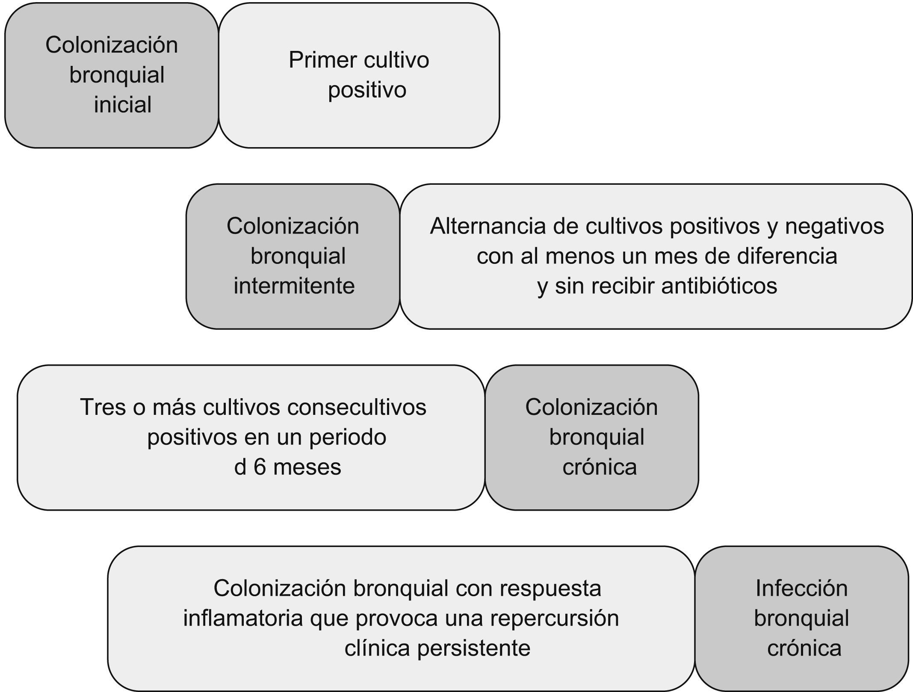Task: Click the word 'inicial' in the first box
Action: pos(123,105)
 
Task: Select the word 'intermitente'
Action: pos(294,286)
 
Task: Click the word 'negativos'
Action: pos(834,226)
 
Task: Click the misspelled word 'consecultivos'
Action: pos(357,407)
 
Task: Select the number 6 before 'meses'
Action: pos(260,467)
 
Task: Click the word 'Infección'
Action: pos(801,588)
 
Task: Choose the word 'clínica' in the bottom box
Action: pos(378,648)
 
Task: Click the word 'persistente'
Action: pos(474,648)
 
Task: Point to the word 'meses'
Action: pos(307,467)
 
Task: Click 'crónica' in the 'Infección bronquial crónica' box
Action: pos(804,648)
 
